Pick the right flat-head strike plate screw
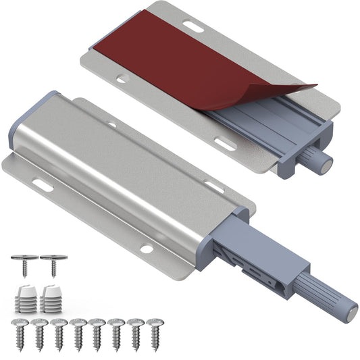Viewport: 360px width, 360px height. coord(53,264)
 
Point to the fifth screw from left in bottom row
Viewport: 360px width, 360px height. coord(97,330)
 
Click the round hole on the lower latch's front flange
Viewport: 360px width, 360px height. coord(146,249)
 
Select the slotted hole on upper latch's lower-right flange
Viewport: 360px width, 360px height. coord(225,143)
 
